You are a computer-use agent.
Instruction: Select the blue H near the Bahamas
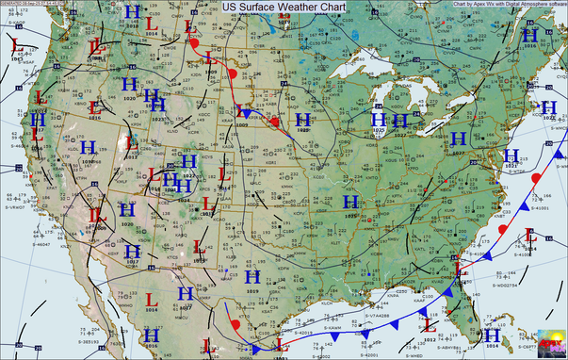[x=491, y=335]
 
